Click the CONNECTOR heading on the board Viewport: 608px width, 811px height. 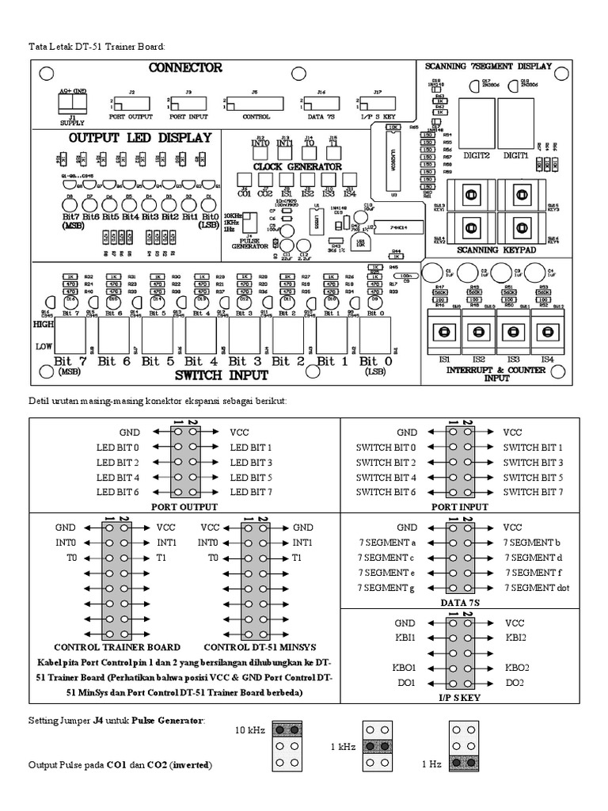185,68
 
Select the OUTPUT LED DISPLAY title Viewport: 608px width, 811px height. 140,138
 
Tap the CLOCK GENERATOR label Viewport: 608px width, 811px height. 297,167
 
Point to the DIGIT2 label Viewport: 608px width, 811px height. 477,156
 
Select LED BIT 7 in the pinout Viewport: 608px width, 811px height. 251,493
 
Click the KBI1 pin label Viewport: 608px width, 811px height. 406,638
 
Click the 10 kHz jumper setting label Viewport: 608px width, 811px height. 250,729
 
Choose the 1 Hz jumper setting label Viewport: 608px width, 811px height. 431,765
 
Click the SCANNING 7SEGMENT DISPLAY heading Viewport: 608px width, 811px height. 488,67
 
